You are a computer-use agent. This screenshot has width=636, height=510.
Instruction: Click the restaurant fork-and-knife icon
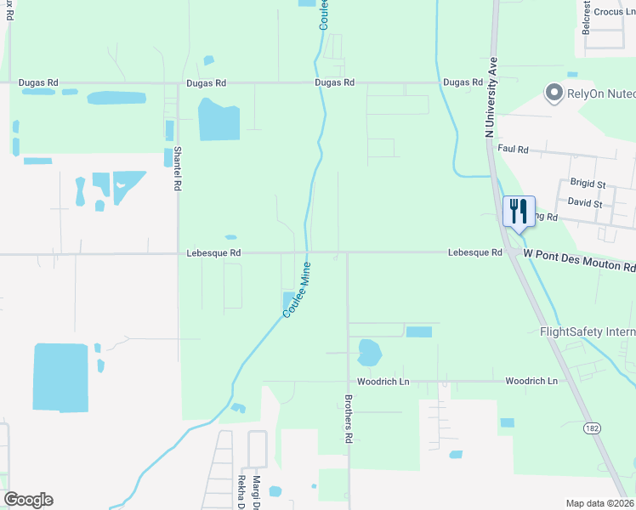click(520, 211)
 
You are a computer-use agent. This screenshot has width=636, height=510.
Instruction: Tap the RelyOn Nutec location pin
click(555, 92)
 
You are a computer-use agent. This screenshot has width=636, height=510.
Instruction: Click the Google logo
click(28, 500)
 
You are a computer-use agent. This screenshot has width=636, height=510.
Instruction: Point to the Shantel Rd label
click(178, 168)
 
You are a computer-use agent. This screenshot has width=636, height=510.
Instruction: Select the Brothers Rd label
click(348, 419)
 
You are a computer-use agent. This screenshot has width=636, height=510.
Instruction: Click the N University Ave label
click(491, 97)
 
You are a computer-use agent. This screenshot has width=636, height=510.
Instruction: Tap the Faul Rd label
click(514, 149)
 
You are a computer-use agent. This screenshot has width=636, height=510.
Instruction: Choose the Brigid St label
click(588, 184)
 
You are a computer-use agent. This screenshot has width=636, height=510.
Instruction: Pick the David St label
click(585, 204)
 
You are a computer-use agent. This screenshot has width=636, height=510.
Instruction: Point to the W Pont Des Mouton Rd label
click(579, 260)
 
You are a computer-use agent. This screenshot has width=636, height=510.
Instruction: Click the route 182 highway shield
click(593, 429)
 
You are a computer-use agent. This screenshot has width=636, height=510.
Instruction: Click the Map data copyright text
click(599, 503)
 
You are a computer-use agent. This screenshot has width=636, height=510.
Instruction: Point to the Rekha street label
click(241, 491)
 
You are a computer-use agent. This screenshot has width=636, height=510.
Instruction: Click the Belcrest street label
click(585, 17)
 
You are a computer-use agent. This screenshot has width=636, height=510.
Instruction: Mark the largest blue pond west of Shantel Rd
click(60, 377)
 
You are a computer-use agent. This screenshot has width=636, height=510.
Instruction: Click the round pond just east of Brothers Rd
click(369, 350)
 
